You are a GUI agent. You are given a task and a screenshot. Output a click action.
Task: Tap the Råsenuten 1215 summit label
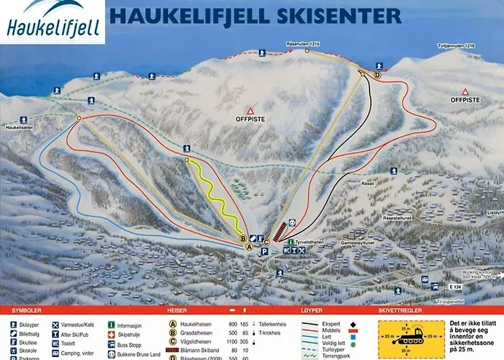(x=303, y=43)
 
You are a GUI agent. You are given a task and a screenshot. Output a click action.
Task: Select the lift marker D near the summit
(x=377, y=75)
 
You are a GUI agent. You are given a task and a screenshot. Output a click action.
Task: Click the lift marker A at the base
(x=250, y=246)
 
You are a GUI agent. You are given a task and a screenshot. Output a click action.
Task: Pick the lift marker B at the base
(x=243, y=238)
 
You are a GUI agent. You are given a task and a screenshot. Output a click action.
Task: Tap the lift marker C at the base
(x=266, y=242)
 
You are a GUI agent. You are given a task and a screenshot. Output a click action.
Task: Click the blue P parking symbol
(x=264, y=252)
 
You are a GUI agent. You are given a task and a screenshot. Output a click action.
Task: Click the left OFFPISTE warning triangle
(x=250, y=112)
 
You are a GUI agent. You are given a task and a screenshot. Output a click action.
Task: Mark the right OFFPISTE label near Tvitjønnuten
(x=465, y=101)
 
